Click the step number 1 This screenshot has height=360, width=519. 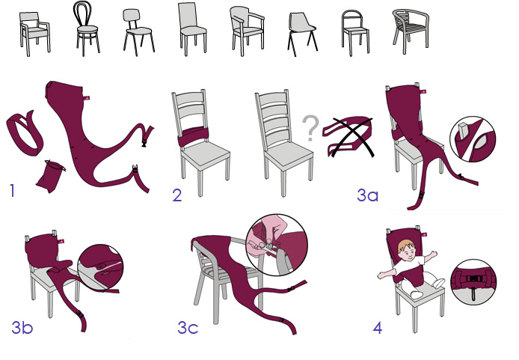tap(13, 190)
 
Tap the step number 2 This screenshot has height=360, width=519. tap(177, 195)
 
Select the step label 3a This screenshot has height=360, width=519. tap(367, 195)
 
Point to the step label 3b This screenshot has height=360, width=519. tap(22, 327)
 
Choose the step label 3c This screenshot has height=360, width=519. tap(188, 328)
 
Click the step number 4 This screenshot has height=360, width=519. tap(378, 328)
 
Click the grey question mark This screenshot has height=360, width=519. tap(310, 128)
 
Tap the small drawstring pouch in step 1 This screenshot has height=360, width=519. tap(50, 176)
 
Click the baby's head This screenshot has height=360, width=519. tap(407, 250)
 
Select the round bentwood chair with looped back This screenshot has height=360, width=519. tap(86, 28)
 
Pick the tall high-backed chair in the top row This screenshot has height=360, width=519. tap(193, 29)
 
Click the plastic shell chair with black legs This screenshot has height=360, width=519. tap(302, 34)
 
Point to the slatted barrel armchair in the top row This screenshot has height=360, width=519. tap(411, 31)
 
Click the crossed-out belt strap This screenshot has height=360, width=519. tap(348, 137)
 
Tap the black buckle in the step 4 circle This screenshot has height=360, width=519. tap(473, 279)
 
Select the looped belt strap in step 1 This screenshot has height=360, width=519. tap(25, 133)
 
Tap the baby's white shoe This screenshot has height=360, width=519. tap(438, 283)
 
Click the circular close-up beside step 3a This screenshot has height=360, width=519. tap(473, 139)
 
